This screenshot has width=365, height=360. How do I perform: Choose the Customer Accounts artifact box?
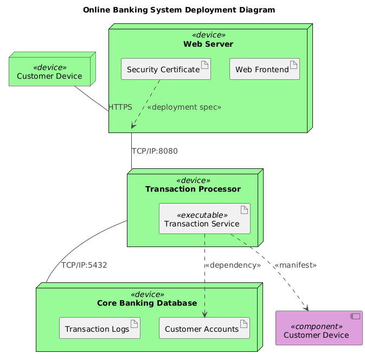(x=204, y=329)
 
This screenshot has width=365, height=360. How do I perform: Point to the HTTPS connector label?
(x=120, y=108)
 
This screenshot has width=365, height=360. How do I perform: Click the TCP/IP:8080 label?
(x=154, y=151)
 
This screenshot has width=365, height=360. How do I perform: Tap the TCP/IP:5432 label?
(x=84, y=266)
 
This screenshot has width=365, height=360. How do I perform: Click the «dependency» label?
(x=232, y=266)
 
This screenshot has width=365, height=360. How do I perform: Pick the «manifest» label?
(x=295, y=266)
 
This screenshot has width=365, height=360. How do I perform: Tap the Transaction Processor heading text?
(x=193, y=189)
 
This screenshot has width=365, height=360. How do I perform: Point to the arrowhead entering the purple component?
(x=305, y=309)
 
